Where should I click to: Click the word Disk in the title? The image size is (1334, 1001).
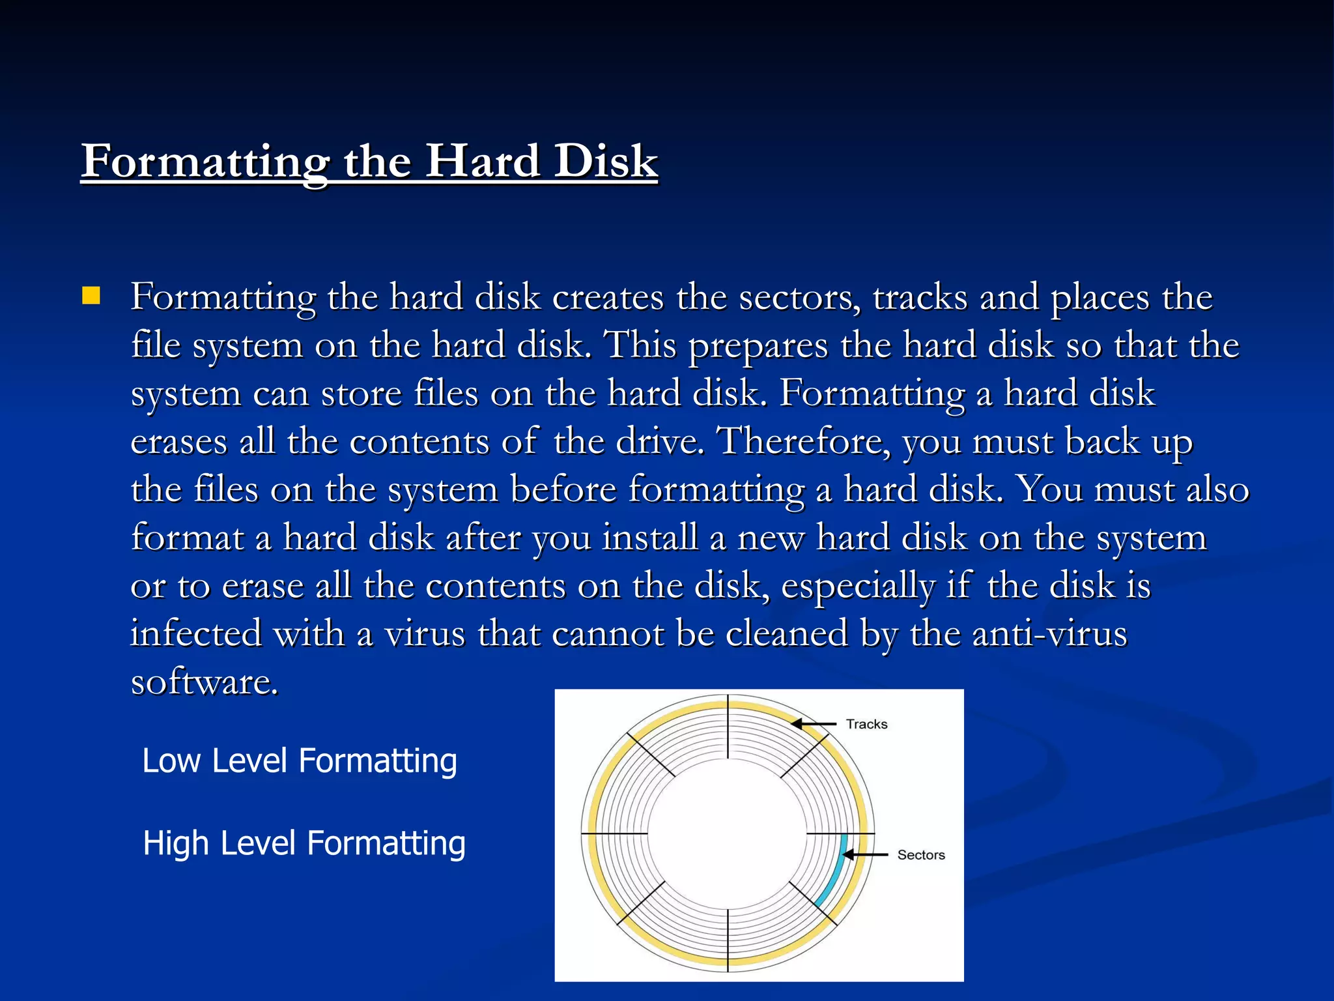(606, 161)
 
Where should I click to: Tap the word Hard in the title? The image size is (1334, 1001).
(483, 161)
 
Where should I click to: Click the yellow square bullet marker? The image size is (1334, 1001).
(91, 297)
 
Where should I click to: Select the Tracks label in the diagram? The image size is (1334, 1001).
(866, 724)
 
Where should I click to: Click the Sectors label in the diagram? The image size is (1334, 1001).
(920, 855)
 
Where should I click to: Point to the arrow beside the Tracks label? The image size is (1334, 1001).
(814, 723)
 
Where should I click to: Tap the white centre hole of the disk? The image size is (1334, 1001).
(727, 834)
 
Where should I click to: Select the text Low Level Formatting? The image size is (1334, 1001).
(300, 761)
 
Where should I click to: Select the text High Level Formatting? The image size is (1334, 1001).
(304, 843)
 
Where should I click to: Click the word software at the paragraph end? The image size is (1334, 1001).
(205, 682)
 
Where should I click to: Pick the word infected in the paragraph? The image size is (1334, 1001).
(195, 633)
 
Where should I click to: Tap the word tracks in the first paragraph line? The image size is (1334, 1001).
(920, 297)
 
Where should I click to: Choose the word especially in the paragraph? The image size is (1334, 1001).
(858, 586)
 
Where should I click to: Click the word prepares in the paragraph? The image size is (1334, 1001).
(758, 345)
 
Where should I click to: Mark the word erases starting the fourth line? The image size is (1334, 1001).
(179, 442)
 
